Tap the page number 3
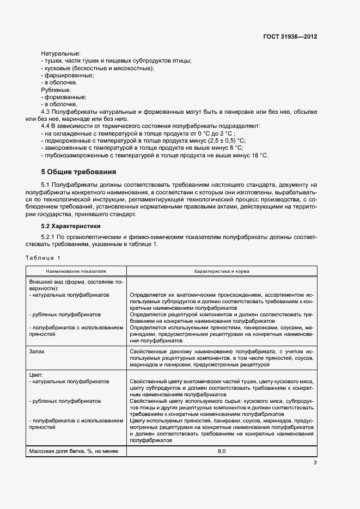point(315,463)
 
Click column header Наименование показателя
point(76,271)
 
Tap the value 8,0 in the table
point(222,451)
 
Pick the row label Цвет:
point(36,375)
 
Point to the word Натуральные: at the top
point(60,53)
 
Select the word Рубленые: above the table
point(56,89)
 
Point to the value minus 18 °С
point(254,155)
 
